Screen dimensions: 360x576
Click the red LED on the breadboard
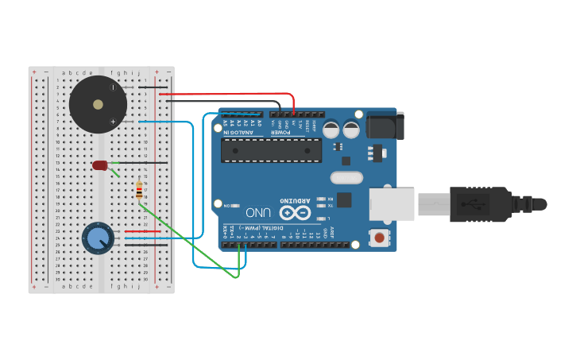[99, 165]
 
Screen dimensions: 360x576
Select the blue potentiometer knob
[98, 238]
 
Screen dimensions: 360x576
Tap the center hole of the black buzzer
[98, 104]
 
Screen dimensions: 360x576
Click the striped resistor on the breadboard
[140, 191]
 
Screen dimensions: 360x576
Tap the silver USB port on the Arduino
[391, 204]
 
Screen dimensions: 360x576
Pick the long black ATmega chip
[271, 149]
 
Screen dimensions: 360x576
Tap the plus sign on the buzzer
[113, 121]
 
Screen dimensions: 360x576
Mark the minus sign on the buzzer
[111, 87]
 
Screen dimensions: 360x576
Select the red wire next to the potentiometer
[143, 232]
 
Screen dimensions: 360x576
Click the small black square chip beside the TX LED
[344, 199]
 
